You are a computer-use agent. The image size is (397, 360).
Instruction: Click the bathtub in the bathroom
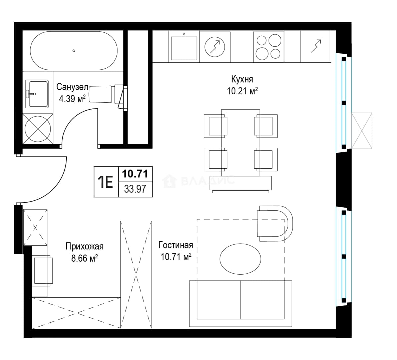tap(74, 51)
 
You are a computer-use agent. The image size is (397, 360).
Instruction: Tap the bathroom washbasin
tap(37, 94)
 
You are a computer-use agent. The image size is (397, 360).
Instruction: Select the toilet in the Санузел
tap(108, 94)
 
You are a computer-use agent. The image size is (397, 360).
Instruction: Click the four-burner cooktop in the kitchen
tap(268, 47)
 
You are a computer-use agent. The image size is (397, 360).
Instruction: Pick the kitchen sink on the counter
tap(184, 48)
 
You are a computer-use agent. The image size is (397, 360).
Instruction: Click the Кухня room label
tap(242, 79)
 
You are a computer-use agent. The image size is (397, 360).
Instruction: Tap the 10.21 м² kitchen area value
tap(242, 91)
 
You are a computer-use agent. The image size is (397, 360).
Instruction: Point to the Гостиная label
tap(176, 245)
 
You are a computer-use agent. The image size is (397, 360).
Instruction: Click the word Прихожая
tap(84, 246)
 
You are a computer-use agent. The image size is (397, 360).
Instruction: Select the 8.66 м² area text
tap(84, 258)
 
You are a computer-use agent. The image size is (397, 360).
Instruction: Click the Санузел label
tap(72, 87)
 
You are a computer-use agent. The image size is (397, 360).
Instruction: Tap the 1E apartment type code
tap(105, 182)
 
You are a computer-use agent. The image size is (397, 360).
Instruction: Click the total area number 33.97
tap(135, 189)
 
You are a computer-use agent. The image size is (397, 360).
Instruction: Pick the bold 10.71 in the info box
tap(135, 174)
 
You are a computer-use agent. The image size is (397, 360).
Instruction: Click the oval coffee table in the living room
tap(240, 259)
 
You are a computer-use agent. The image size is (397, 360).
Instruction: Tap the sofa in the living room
tap(241, 304)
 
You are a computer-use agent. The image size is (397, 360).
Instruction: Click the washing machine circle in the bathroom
tap(38, 129)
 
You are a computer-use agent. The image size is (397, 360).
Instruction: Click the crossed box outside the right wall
tap(362, 131)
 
